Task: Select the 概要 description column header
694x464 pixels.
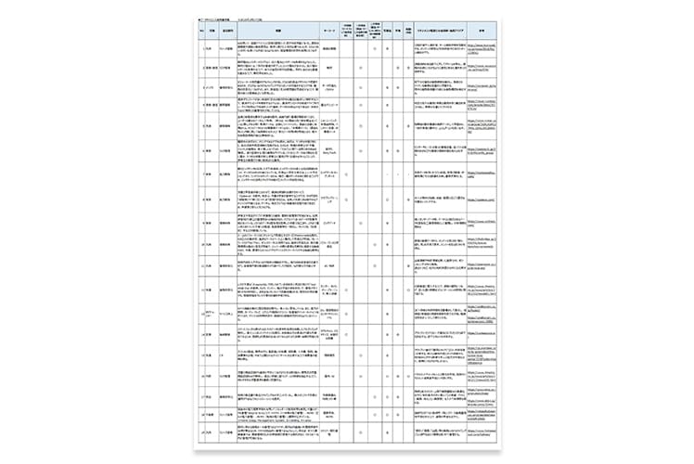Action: click(x=277, y=31)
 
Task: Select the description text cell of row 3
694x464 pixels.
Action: click(x=277, y=85)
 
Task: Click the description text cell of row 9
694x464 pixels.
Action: click(x=277, y=222)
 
